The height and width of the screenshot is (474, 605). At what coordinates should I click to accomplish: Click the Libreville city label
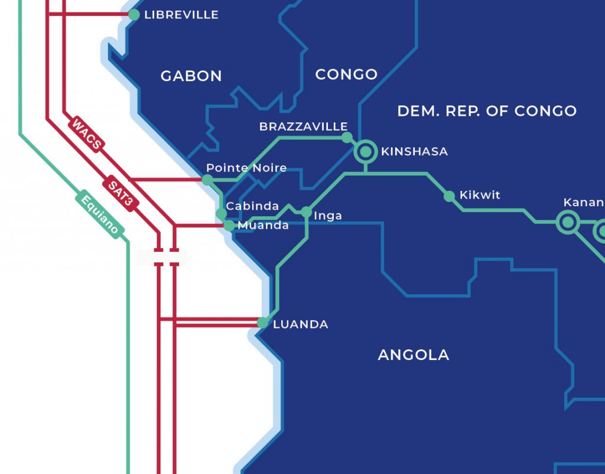coord(181,15)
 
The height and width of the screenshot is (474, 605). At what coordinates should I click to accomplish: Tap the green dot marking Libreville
coord(134,15)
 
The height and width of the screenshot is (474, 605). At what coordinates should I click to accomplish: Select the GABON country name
coord(191,76)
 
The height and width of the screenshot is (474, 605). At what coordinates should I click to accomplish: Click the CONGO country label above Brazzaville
coord(346,74)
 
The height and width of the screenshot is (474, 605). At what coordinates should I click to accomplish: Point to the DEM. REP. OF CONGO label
coord(487,111)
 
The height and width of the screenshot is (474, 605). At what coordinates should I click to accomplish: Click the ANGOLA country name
coord(413,355)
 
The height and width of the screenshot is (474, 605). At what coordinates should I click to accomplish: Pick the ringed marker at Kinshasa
coord(366,152)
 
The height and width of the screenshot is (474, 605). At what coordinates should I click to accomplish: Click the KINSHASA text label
coord(414,152)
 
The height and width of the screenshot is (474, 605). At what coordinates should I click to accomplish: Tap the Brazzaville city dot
coord(347,138)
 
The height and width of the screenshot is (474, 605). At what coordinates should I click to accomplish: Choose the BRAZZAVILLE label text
coord(304,127)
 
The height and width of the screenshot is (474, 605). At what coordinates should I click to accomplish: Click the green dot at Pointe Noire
coord(207,179)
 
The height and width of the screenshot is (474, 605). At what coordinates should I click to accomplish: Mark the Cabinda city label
coord(252,206)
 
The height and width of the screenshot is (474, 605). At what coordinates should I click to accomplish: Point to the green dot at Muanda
coord(229,225)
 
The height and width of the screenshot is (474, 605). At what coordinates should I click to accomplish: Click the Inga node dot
coord(306,212)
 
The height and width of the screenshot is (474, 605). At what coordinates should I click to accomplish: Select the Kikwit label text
coord(480,195)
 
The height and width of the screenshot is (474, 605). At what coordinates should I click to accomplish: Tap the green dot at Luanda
coord(262,323)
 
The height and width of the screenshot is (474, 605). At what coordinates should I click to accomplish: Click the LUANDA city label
coord(300,324)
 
